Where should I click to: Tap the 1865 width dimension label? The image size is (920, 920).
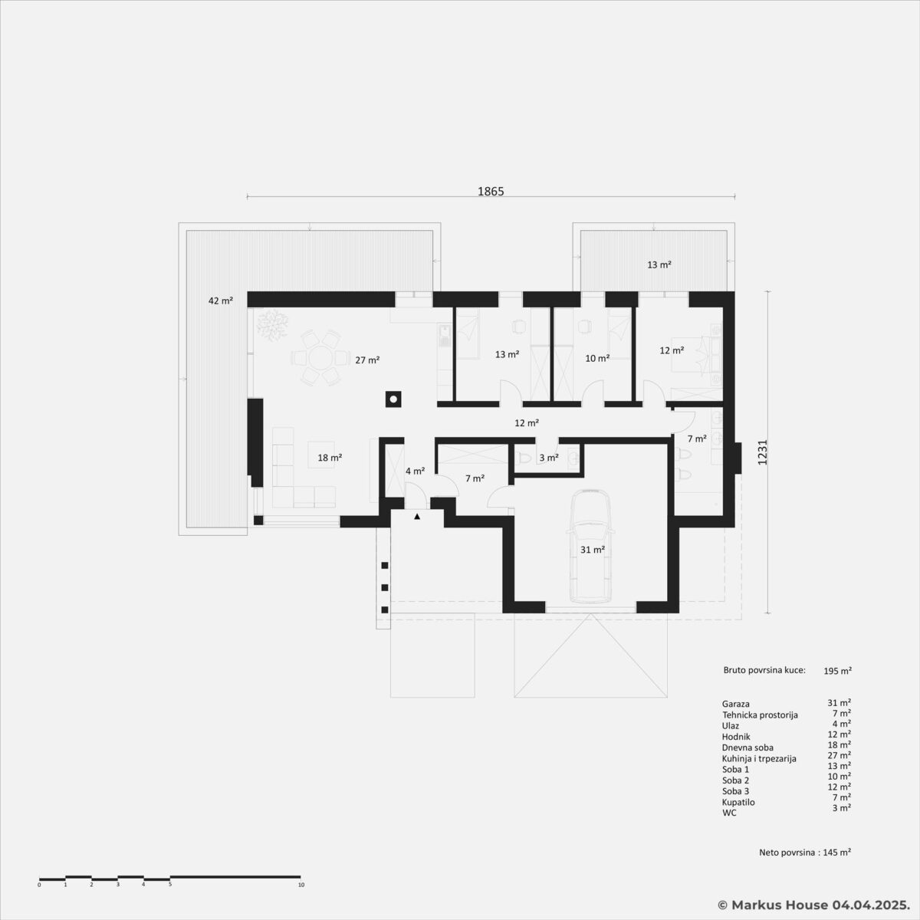[x=491, y=192]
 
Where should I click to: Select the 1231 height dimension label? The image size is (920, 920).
[x=762, y=452]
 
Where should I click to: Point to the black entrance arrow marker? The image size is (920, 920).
[x=417, y=516]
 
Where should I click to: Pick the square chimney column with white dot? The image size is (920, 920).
[x=393, y=399]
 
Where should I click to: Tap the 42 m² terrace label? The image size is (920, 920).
[x=221, y=301]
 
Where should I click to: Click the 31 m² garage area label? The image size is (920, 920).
[x=593, y=550]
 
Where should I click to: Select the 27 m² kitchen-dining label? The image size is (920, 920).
[x=367, y=360]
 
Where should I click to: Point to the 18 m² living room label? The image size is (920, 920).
[x=330, y=458]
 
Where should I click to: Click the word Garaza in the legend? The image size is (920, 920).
[x=736, y=704]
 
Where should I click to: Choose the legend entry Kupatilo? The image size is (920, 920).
[x=738, y=802]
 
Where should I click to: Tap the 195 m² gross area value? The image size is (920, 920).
[x=838, y=671]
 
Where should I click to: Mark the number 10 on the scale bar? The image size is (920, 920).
[x=301, y=885]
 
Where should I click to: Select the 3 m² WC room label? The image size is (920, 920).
[x=549, y=458]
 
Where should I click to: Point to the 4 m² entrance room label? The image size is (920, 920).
[x=416, y=472]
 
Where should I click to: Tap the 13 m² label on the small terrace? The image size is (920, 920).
[x=659, y=264]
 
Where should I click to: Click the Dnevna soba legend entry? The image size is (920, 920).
[x=747, y=747]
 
